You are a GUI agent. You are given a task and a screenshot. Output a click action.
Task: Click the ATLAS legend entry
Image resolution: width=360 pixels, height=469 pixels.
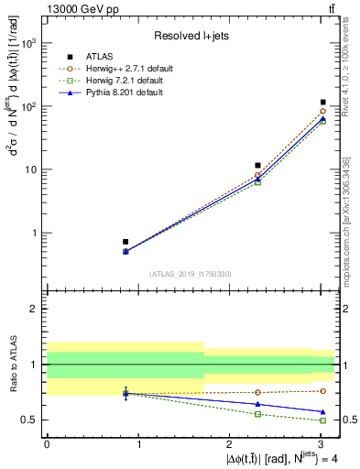click(102, 55)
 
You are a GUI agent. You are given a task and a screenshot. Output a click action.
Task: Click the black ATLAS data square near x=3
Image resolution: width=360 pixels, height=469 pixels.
click(323, 103)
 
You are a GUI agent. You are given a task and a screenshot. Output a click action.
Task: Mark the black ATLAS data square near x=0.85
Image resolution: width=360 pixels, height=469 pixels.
click(125, 242)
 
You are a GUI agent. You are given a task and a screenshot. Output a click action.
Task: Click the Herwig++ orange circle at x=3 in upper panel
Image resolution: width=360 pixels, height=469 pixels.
click(323, 112)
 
